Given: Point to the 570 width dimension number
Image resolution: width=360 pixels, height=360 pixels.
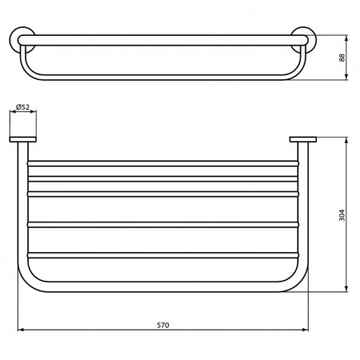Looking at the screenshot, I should click(162, 325).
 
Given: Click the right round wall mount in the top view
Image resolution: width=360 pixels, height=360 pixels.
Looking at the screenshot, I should click(303, 40).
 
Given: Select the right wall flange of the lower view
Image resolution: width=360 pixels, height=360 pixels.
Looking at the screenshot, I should click(304, 142).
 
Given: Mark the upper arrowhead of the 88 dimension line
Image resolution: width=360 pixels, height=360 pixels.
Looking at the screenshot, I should click(346, 38).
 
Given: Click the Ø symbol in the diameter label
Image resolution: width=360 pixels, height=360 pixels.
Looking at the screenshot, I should click(18, 106).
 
